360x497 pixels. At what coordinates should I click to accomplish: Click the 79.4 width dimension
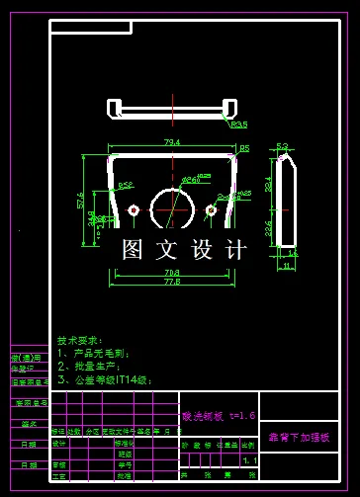point(172,143)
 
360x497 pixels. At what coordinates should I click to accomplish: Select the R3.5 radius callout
point(238,125)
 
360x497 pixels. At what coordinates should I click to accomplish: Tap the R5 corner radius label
point(244,147)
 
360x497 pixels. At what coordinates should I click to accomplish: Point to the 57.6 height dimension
point(81,201)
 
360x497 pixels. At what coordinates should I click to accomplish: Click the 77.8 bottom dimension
point(171,283)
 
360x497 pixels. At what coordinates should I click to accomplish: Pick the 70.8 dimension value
point(171,272)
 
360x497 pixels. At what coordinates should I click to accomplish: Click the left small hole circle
point(134,209)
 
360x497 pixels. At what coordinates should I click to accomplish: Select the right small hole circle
point(211,209)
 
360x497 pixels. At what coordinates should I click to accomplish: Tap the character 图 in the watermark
point(133,250)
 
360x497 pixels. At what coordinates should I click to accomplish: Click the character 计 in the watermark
point(235,250)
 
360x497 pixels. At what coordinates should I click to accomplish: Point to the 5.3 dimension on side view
point(282,146)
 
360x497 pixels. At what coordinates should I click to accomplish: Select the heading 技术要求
point(79,337)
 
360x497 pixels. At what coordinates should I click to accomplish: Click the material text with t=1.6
point(219,416)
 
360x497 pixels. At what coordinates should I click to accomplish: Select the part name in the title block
point(299,436)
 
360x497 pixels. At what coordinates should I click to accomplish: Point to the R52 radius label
point(126,185)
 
